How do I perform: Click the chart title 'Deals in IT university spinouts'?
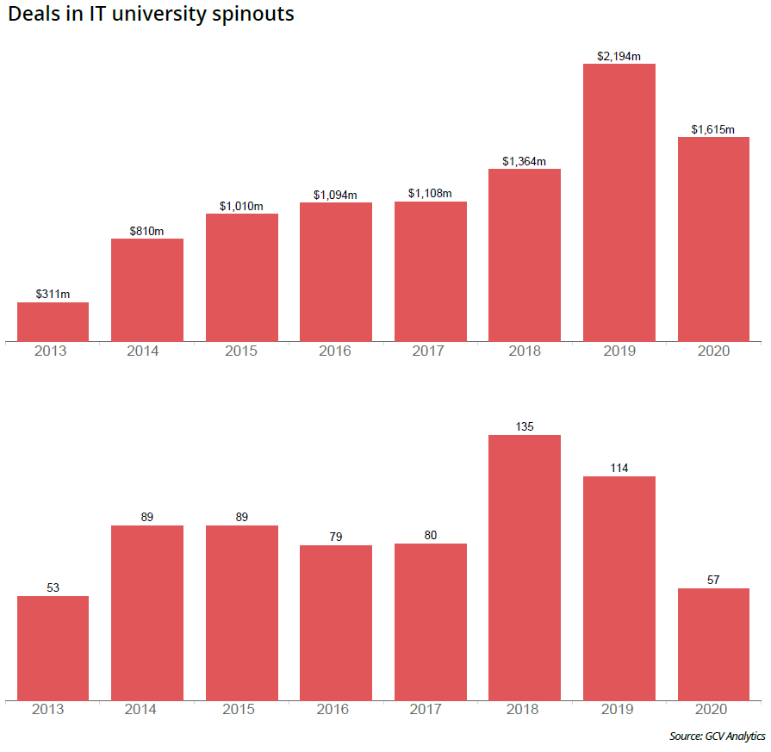click(152, 15)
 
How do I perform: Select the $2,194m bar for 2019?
click(619, 202)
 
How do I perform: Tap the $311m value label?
click(53, 294)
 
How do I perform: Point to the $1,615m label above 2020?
click(712, 129)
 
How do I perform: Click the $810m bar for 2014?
click(147, 289)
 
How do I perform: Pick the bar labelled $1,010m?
click(241, 277)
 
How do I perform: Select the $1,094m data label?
click(336, 195)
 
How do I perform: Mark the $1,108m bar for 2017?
click(430, 271)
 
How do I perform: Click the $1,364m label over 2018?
click(524, 161)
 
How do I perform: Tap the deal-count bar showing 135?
click(524, 568)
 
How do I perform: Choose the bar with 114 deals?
click(619, 588)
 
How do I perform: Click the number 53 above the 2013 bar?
click(53, 587)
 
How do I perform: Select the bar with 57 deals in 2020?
click(712, 644)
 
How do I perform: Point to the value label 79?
click(336, 537)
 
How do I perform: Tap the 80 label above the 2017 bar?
click(430, 535)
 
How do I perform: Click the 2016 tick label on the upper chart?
click(335, 351)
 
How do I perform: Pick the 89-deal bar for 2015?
click(241, 612)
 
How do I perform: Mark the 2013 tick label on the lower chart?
click(48, 710)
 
